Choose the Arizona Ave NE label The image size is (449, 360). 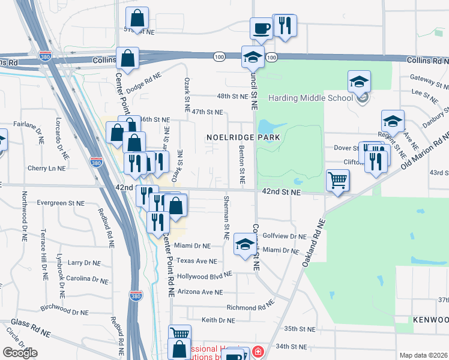click(x=200, y=292)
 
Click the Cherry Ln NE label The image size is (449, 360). click(x=46, y=169)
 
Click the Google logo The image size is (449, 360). click(x=20, y=353)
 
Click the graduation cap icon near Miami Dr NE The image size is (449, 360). click(x=244, y=243)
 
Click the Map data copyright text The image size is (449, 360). click(x=423, y=355)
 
